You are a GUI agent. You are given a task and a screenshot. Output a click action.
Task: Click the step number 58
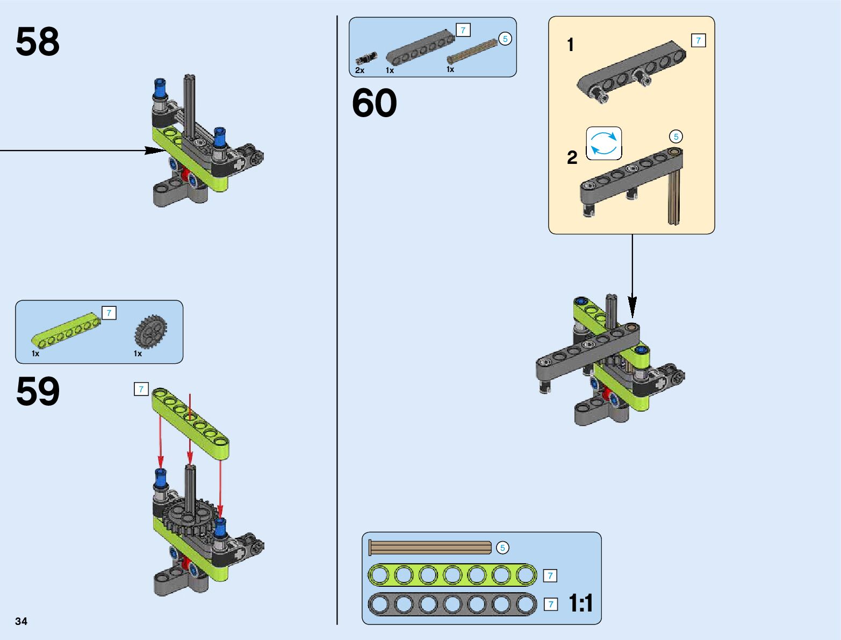[38, 42]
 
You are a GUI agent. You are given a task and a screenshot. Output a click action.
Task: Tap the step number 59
[38, 391]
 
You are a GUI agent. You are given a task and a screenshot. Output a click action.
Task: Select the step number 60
[375, 103]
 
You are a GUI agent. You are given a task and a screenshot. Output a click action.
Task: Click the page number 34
[21, 621]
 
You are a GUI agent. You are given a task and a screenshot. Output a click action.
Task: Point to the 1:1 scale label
[581, 603]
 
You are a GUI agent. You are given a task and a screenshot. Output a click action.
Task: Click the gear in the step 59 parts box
[150, 332]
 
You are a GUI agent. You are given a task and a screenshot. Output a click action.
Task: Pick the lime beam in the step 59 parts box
[66, 332]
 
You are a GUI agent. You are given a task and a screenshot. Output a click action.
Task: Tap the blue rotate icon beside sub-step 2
[604, 143]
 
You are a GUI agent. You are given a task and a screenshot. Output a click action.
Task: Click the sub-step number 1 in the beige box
[571, 45]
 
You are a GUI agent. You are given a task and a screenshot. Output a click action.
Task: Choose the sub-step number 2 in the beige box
[572, 157]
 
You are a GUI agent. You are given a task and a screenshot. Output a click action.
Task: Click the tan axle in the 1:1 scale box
[430, 548]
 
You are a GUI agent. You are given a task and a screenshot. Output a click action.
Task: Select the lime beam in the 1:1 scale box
[452, 576]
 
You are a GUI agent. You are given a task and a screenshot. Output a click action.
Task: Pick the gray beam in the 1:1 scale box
[452, 605]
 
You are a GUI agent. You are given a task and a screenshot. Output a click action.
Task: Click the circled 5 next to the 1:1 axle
[502, 548]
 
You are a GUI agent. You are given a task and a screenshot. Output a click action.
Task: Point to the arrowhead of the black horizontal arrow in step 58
[156, 150]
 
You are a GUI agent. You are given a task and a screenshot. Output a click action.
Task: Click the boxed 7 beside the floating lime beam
[141, 389]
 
